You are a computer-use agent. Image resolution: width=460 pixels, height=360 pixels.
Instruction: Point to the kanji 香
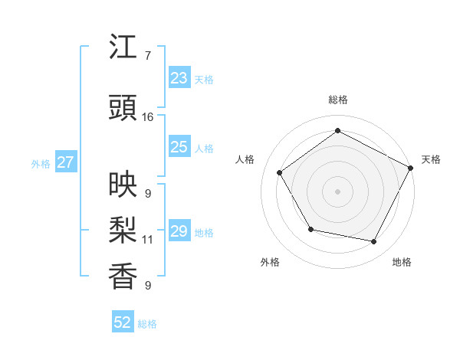pos(123,275)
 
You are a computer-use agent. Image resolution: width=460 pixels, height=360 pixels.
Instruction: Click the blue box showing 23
pos(179,78)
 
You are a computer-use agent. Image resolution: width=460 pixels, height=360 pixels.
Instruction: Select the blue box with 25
pos(179,147)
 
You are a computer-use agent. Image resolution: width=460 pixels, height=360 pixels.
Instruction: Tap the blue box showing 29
pos(179,231)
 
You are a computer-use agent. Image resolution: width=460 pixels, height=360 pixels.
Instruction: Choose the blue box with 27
pos(65,162)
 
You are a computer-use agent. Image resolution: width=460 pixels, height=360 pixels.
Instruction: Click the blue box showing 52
pos(123,322)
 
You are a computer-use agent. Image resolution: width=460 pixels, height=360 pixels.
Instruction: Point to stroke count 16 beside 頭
pos(148,117)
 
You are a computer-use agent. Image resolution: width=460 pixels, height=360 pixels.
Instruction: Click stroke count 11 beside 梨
pos(147,240)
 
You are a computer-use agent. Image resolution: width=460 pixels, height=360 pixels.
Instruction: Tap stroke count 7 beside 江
pos(147,56)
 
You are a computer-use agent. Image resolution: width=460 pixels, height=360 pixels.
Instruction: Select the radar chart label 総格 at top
pos(338,100)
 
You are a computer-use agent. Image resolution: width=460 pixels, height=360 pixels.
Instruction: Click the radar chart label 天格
pos(431,159)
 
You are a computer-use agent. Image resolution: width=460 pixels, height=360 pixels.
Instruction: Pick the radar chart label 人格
pos(245,159)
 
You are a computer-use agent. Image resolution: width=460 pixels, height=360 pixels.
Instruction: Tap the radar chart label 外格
pos(270,262)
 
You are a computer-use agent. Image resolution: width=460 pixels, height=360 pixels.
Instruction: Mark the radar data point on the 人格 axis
pos(280,172)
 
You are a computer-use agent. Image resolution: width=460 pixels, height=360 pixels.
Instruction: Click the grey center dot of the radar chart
pos(337,191)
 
